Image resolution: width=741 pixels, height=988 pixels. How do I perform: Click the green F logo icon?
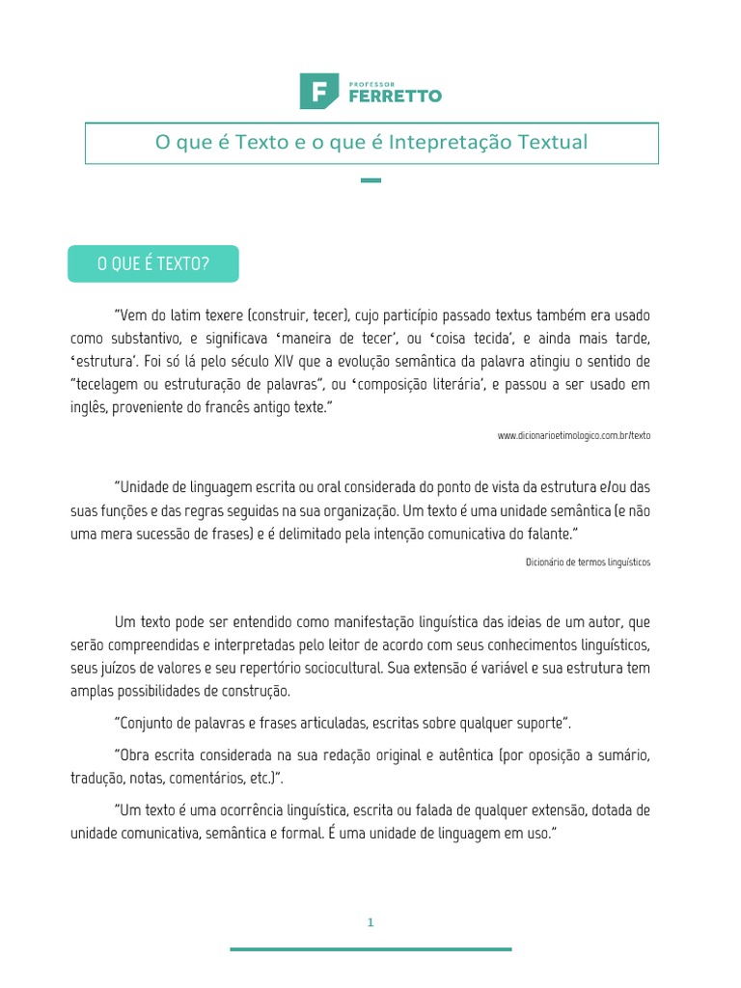[x=317, y=91]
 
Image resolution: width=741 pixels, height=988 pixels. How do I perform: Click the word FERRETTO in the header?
[x=391, y=96]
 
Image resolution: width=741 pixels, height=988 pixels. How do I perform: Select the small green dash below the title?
[x=370, y=180]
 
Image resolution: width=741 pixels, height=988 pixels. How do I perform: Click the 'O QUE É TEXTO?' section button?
[x=152, y=263]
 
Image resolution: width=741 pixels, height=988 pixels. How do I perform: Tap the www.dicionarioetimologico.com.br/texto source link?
[x=574, y=435]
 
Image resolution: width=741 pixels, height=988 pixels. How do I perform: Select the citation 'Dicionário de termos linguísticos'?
[x=589, y=562]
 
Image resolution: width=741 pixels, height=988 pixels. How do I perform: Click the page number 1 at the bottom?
[x=370, y=922]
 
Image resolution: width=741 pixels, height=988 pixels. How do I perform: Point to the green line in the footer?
[x=370, y=949]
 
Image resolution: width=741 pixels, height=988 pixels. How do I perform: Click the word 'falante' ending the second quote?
[x=552, y=534]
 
